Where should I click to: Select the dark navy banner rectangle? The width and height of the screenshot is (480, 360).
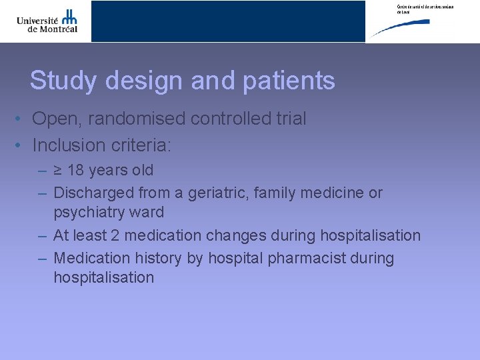click(x=228, y=21)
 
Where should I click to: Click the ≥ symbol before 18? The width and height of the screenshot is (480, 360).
click(x=58, y=171)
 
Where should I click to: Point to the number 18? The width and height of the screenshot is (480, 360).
click(x=75, y=171)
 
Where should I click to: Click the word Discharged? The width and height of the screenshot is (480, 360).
click(x=93, y=193)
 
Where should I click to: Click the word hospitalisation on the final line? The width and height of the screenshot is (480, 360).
click(x=103, y=277)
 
